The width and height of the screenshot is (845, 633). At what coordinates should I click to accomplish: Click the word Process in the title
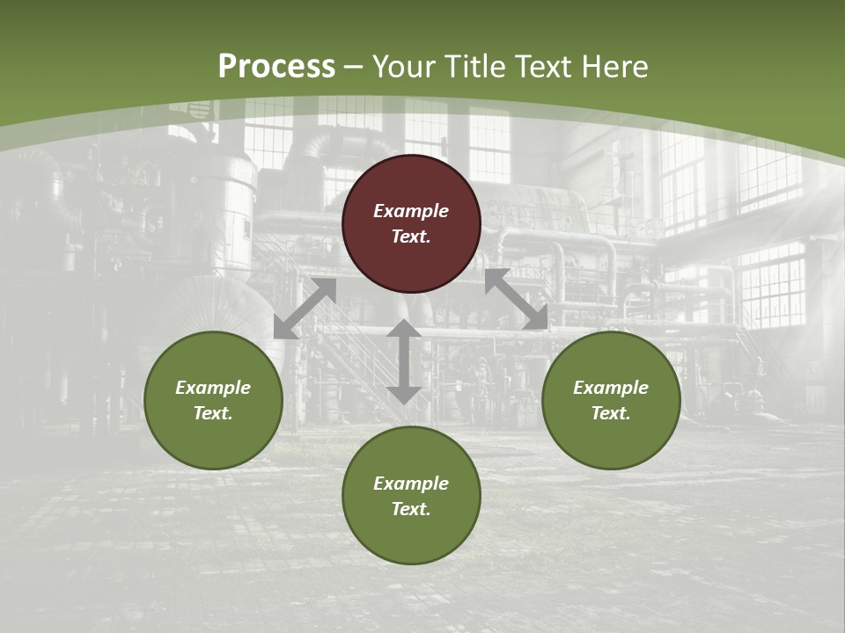276,67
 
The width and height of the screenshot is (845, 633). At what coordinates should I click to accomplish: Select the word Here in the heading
615,67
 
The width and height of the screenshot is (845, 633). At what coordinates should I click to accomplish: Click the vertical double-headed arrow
404,361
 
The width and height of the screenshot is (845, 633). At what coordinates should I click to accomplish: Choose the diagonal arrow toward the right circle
516,299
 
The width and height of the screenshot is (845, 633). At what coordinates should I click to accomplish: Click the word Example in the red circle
411,211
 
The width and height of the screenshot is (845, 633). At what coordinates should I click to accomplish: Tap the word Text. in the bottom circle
411,509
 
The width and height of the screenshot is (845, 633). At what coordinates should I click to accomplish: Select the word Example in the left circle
213,388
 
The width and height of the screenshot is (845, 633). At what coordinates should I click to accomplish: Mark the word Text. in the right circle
611,413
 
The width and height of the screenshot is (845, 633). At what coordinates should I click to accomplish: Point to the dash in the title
354,68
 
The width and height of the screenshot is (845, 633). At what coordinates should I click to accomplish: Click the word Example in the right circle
611,388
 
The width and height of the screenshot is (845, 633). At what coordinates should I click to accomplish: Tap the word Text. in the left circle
213,413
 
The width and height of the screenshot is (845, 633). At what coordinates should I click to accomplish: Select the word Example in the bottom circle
411,484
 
